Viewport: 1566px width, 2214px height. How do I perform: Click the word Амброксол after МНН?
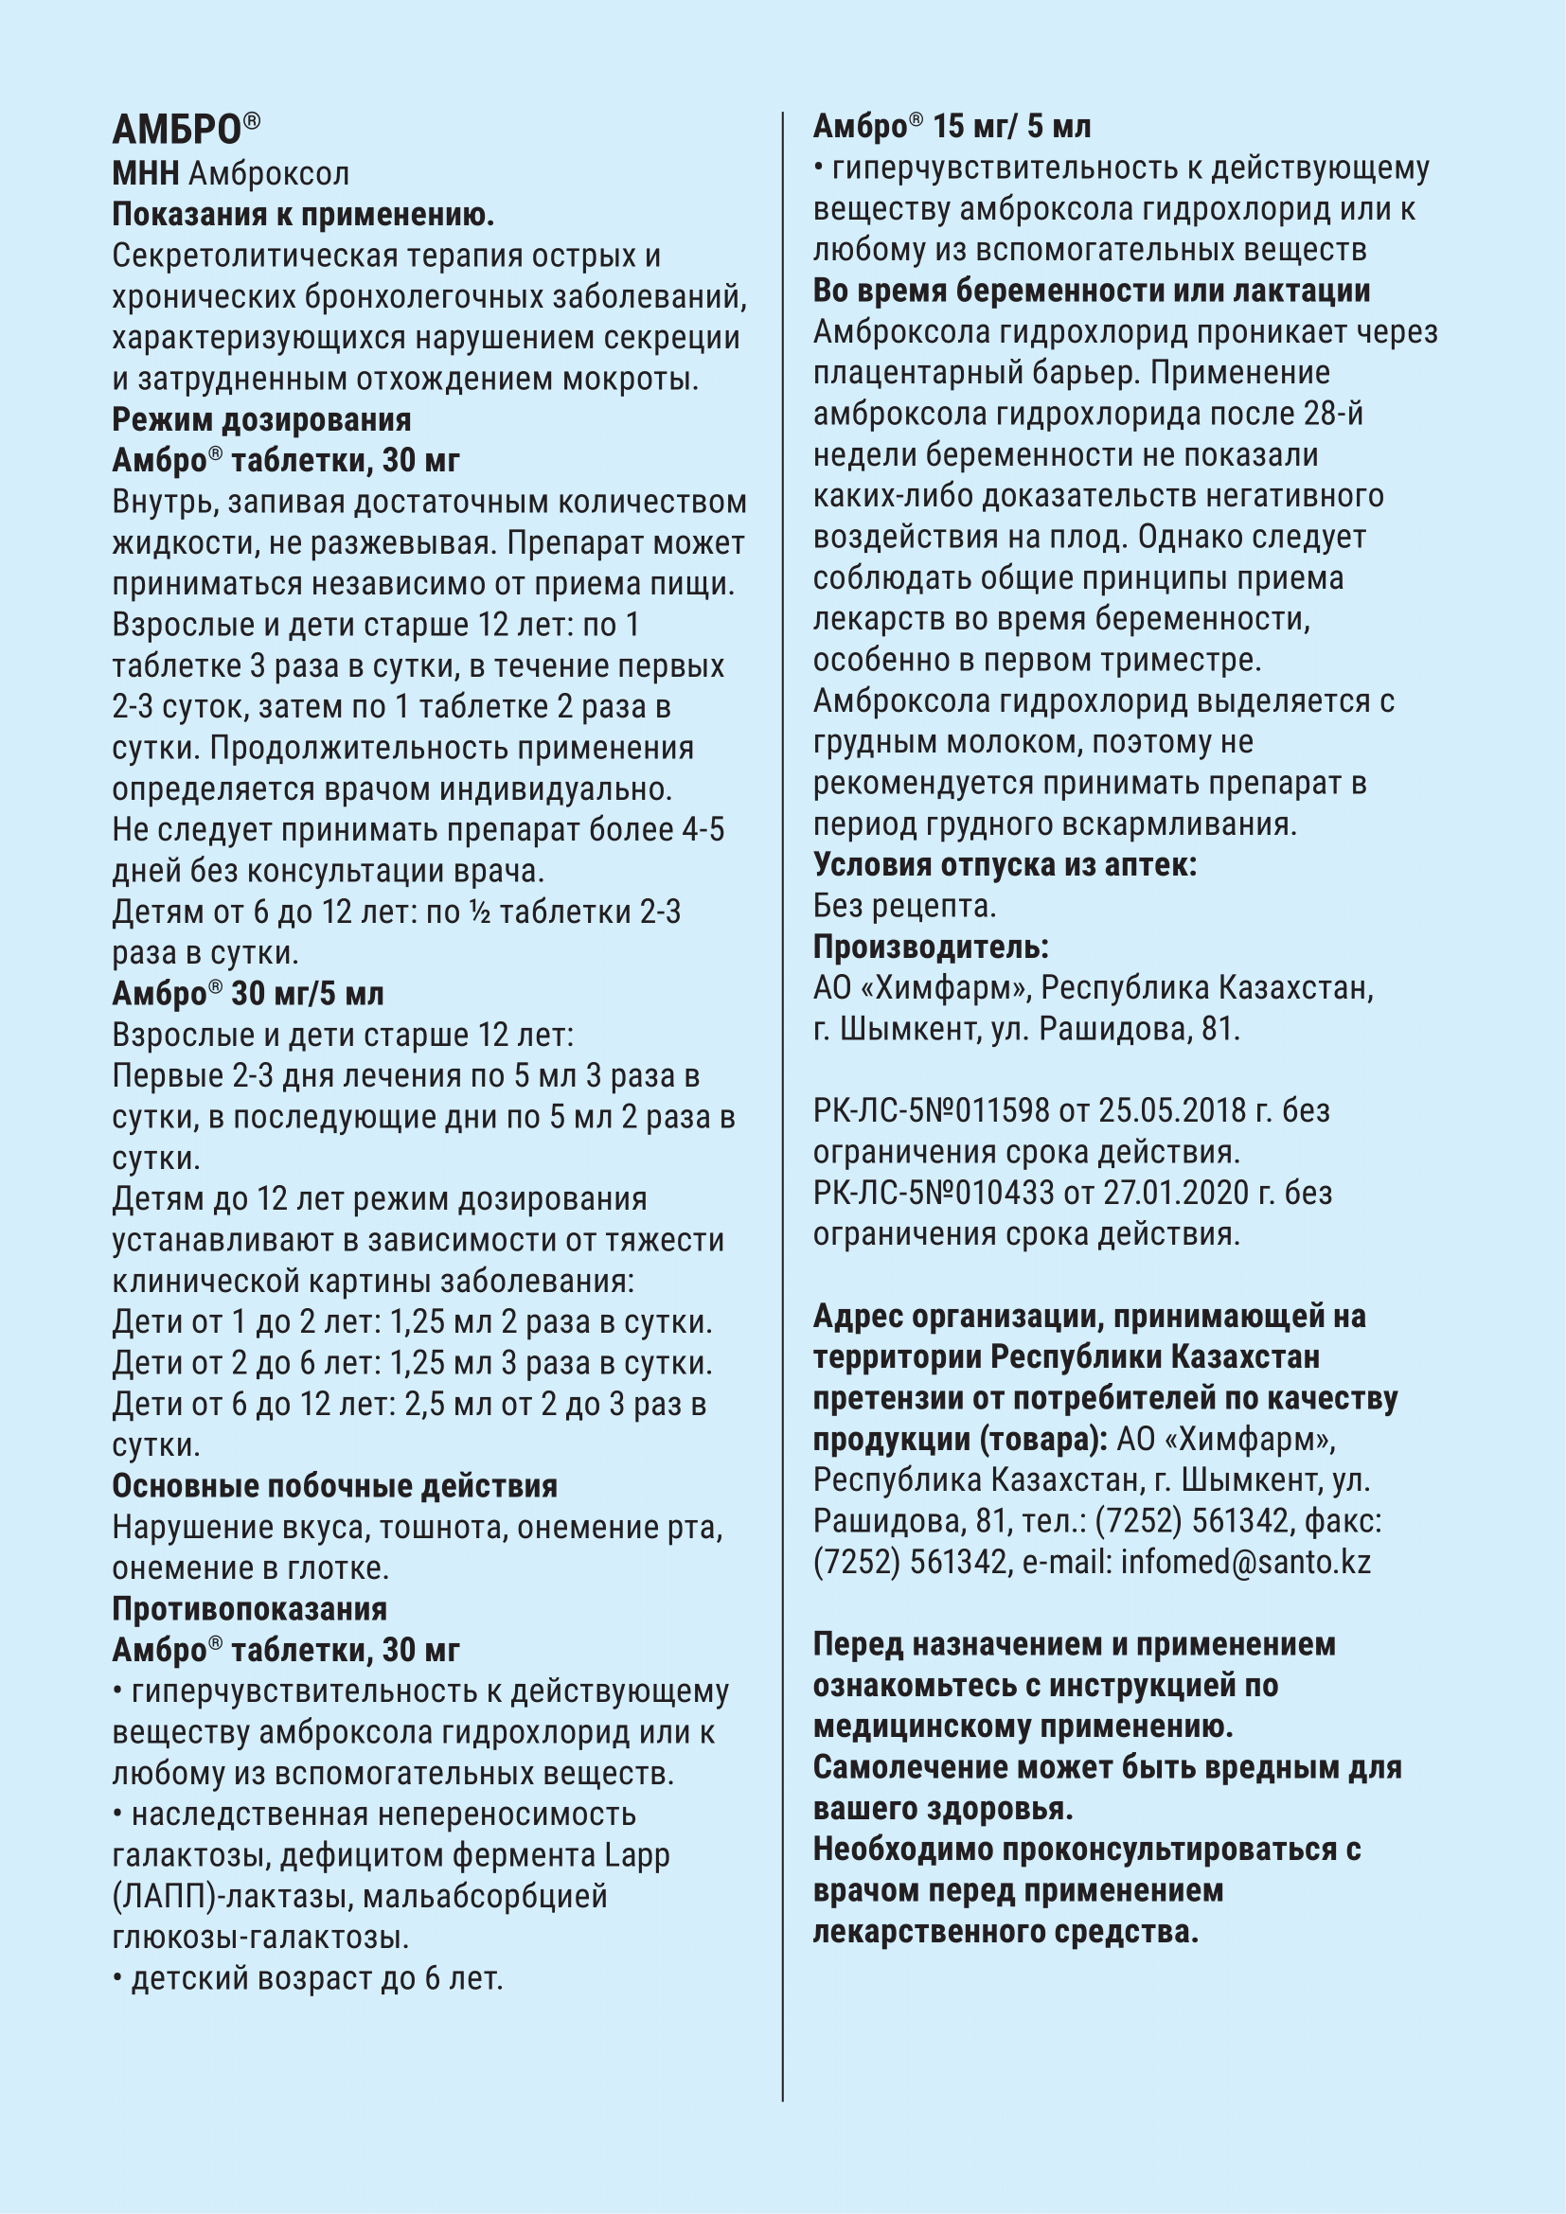(268, 173)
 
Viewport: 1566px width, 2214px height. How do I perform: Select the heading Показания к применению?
(303, 214)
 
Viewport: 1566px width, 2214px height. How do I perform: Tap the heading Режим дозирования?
(261, 419)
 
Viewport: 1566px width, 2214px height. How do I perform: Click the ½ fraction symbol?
(479, 912)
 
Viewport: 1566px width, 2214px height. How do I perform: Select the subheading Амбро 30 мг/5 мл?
(248, 993)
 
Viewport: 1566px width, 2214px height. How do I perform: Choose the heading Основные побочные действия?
(334, 1486)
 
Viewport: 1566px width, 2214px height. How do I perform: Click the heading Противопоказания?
(250, 1608)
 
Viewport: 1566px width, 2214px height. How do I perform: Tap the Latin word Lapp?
(636, 1854)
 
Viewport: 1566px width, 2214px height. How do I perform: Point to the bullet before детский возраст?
(117, 1978)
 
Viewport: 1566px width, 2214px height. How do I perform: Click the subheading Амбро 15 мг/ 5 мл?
(952, 126)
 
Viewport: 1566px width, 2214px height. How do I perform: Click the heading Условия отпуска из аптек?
(1004, 864)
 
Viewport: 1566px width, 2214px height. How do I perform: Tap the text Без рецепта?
(903, 906)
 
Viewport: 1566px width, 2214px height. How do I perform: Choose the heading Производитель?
(931, 947)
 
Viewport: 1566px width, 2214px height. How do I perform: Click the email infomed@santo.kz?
(1245, 1561)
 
